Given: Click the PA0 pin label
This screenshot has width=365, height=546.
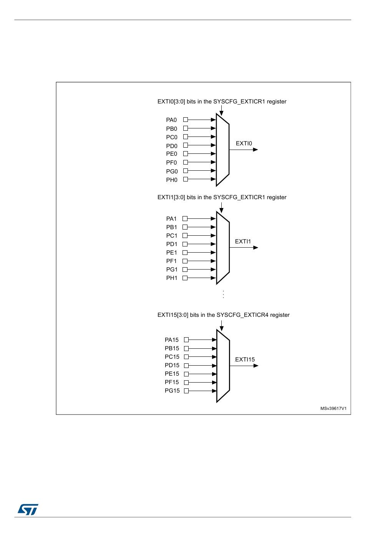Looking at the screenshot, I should click(x=171, y=120).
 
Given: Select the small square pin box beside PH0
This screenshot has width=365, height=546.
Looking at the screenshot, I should click(x=186, y=179).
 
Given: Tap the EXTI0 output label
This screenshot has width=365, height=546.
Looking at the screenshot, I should click(x=244, y=143).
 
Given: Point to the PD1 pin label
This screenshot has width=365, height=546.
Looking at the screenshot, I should click(x=172, y=244).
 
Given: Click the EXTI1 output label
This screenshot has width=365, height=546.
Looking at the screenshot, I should click(x=243, y=241).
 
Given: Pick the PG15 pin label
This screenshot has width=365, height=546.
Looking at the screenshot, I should click(x=172, y=391).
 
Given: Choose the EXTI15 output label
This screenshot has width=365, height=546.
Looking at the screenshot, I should click(x=245, y=360).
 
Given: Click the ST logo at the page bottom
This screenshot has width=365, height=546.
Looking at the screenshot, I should click(x=28, y=509).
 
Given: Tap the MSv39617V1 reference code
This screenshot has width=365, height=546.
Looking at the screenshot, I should click(x=333, y=408).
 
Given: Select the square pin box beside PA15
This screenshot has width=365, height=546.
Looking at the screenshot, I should click(x=186, y=340).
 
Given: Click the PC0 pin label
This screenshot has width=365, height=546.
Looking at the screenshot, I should click(x=172, y=137).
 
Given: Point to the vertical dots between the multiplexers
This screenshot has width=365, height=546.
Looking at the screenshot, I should click(x=223, y=294).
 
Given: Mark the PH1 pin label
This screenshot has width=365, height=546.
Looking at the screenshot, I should click(x=172, y=278).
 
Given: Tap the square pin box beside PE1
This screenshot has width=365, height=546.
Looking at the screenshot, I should click(x=185, y=253).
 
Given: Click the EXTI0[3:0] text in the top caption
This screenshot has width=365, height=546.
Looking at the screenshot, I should click(x=171, y=102).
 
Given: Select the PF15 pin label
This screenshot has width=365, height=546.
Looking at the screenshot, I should click(x=172, y=382).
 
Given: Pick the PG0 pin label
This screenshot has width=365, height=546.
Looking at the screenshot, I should click(x=172, y=171).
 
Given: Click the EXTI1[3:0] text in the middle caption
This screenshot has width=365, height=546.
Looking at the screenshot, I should click(x=171, y=197).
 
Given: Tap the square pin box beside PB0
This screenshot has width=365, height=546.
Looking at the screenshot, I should click(x=186, y=128).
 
